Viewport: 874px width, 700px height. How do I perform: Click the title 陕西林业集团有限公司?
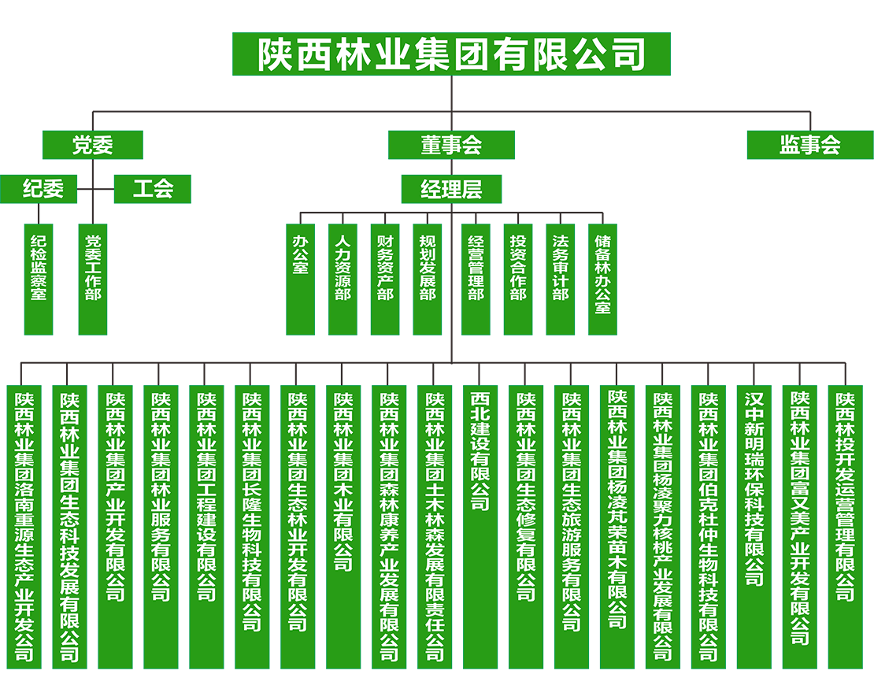click(451, 54)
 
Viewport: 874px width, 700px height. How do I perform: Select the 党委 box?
click(93, 145)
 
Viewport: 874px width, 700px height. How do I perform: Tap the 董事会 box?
click(451, 145)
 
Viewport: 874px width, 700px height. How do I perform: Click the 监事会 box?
click(809, 145)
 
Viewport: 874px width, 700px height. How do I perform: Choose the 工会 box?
click(153, 189)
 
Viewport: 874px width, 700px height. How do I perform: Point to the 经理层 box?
click(451, 189)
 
